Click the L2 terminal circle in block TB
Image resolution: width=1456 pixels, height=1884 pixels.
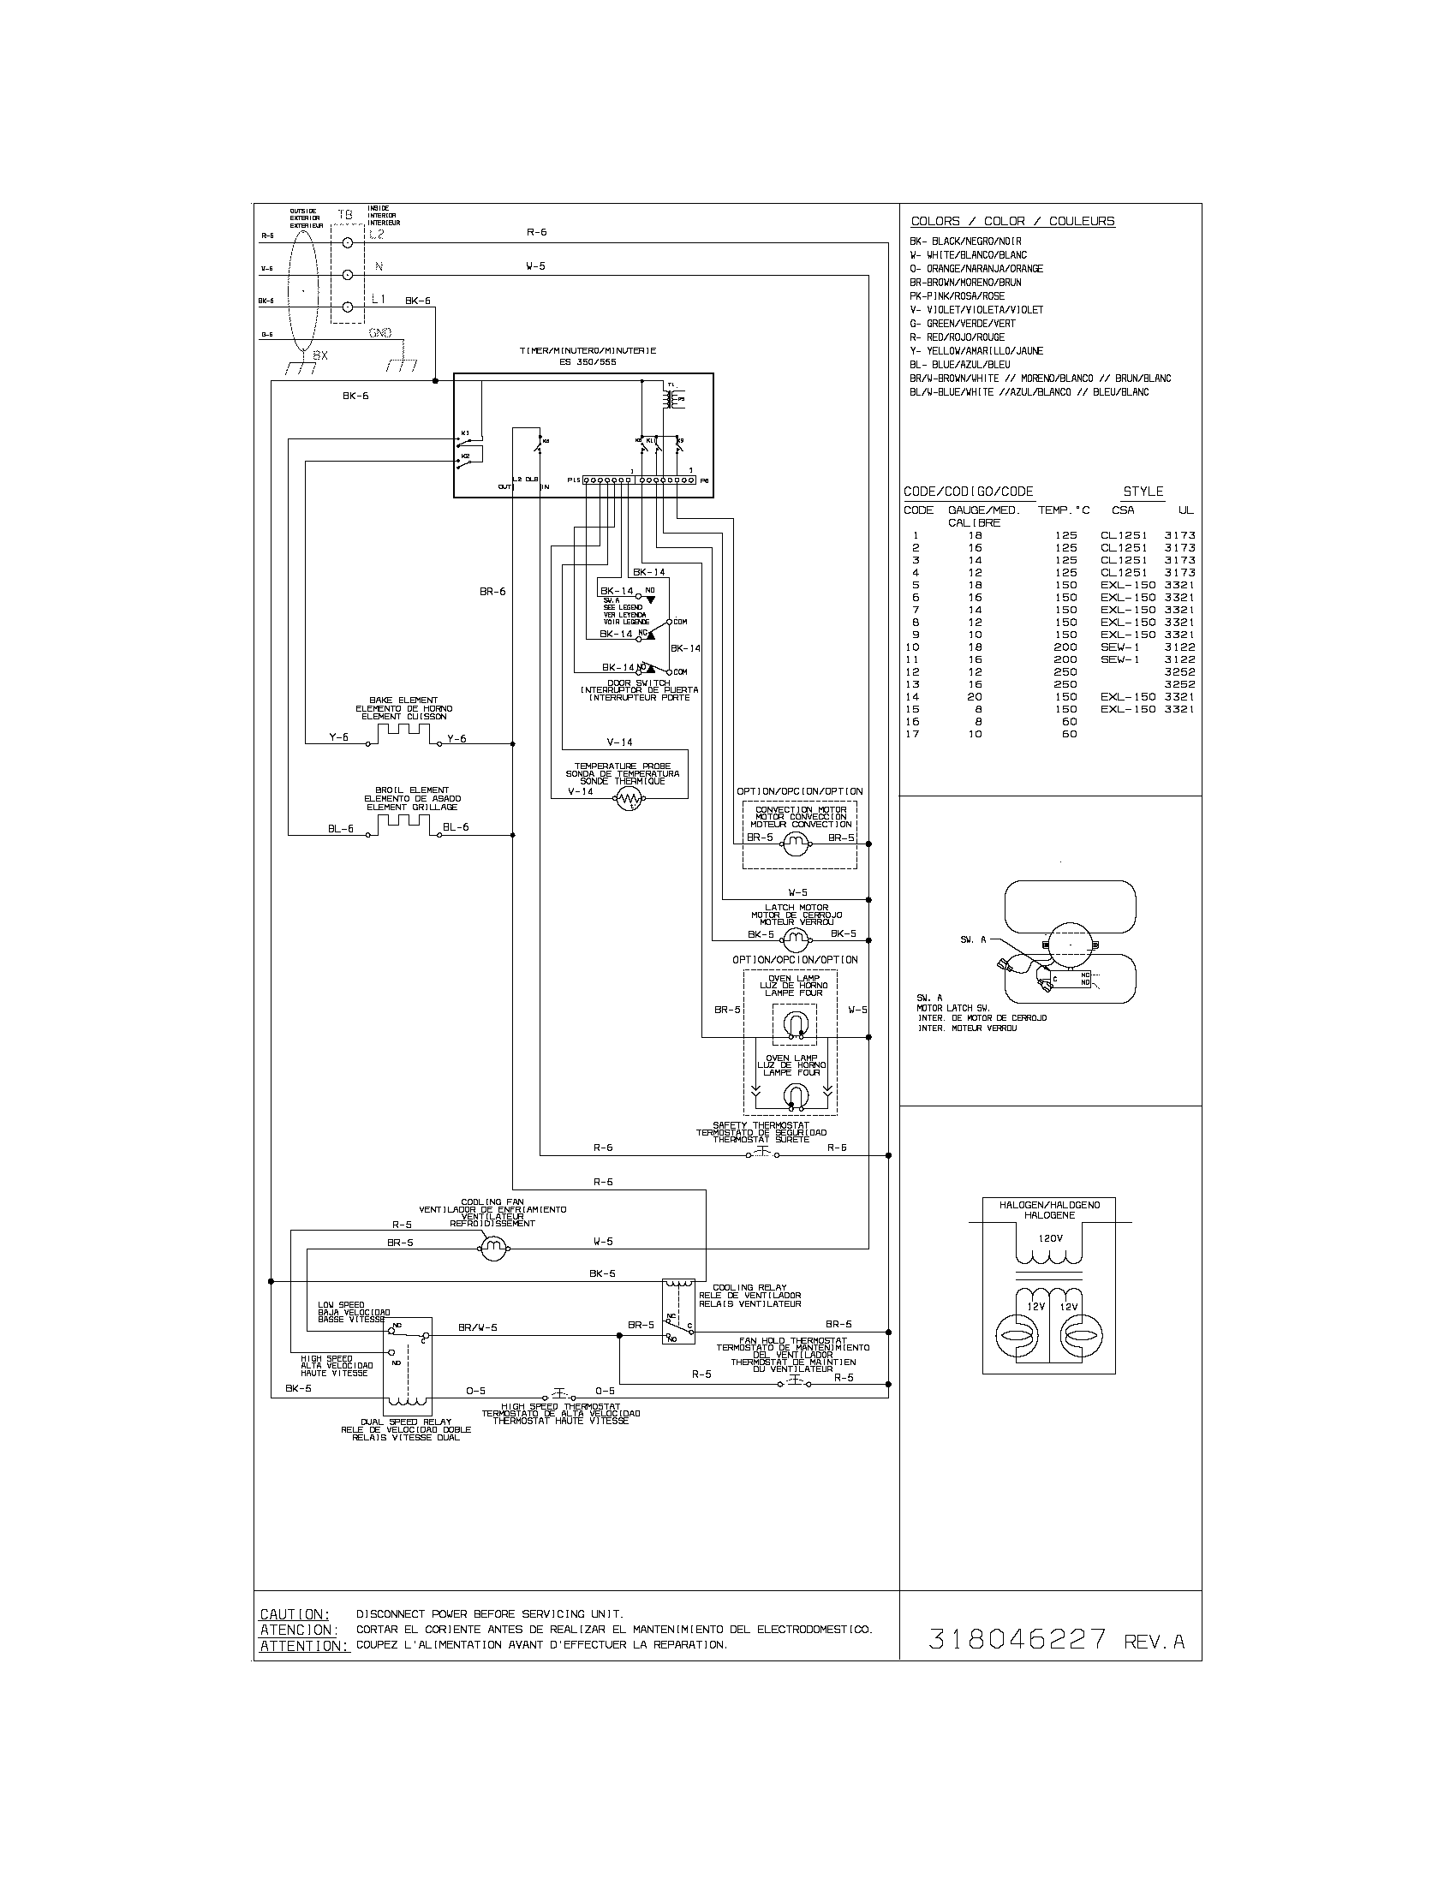tap(349, 243)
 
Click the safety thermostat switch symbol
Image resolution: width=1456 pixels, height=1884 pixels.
tap(761, 1154)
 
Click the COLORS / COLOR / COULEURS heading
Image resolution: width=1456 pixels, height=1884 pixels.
tap(1012, 222)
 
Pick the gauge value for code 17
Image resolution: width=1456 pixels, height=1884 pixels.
tap(975, 734)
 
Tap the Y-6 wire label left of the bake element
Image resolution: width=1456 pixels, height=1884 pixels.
tap(339, 738)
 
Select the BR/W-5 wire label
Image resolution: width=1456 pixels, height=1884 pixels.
tap(477, 1328)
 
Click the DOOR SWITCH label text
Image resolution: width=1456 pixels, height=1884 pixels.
tap(638, 683)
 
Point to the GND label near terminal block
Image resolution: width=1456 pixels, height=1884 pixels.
tap(379, 332)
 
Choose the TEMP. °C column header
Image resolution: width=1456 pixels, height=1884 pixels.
tap(1063, 510)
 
